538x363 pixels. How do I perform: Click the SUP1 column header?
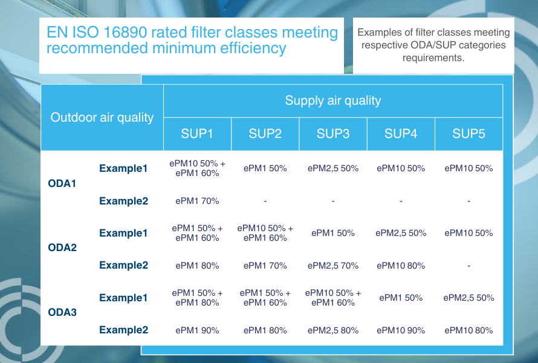pos(197,134)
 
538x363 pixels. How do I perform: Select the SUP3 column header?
pos(333,134)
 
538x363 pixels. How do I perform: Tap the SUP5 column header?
pos(468,134)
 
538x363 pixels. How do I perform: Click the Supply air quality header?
pos(333,100)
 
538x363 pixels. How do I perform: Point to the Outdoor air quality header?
pos(102,117)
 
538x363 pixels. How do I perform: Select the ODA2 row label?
pos(62,247)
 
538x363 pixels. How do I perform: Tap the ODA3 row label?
pos(62,313)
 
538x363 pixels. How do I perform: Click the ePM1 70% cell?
pos(197,201)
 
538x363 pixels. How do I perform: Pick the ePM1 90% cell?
pos(197,330)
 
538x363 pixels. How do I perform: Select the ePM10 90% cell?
pos(401,330)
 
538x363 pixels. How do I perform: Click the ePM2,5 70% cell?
pos(333,266)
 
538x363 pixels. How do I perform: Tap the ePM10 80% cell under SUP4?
pos(401,266)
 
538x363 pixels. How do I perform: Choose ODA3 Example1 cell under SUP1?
pos(197,298)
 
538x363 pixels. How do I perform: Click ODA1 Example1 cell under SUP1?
pos(197,168)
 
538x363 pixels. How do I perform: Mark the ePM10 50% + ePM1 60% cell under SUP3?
pos(333,298)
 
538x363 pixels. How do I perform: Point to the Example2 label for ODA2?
pos(123,266)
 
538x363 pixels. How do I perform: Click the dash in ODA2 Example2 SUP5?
pos(468,266)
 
